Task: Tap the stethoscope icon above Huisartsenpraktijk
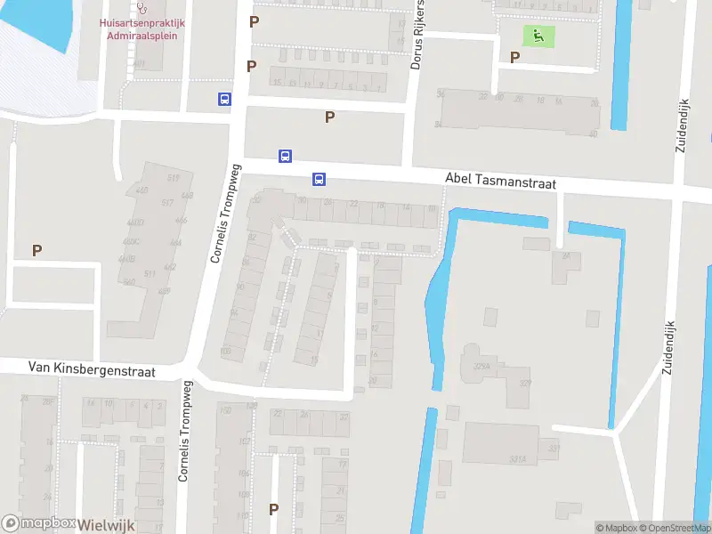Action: click(141, 7)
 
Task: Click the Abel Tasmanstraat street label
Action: click(499, 182)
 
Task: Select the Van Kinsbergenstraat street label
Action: click(92, 368)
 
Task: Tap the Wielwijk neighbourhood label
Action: click(106, 525)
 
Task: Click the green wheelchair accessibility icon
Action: click(538, 36)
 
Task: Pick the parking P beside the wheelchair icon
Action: click(514, 57)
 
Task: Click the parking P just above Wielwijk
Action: click(273, 510)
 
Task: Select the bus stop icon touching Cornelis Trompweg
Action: click(223, 100)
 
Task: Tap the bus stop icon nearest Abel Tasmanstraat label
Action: click(318, 179)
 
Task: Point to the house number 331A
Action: click(517, 459)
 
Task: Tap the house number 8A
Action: click(565, 255)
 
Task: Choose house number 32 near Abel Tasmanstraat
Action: click(257, 200)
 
